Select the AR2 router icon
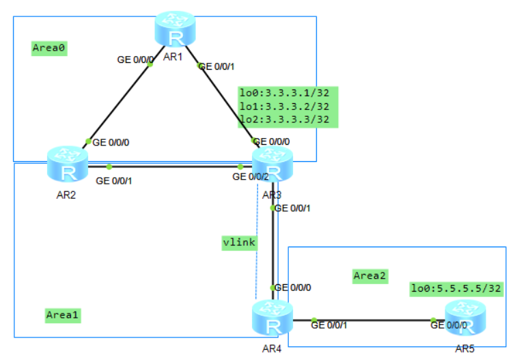(x=67, y=163)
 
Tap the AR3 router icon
(x=272, y=165)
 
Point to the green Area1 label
(x=64, y=315)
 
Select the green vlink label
(x=239, y=243)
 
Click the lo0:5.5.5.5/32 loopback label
(x=456, y=289)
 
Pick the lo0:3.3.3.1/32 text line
(x=284, y=92)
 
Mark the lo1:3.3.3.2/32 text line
(x=284, y=106)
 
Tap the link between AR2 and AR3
(x=174, y=166)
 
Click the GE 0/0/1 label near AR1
(x=216, y=66)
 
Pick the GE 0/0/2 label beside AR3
(x=250, y=177)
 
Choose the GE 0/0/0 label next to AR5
(x=449, y=325)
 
